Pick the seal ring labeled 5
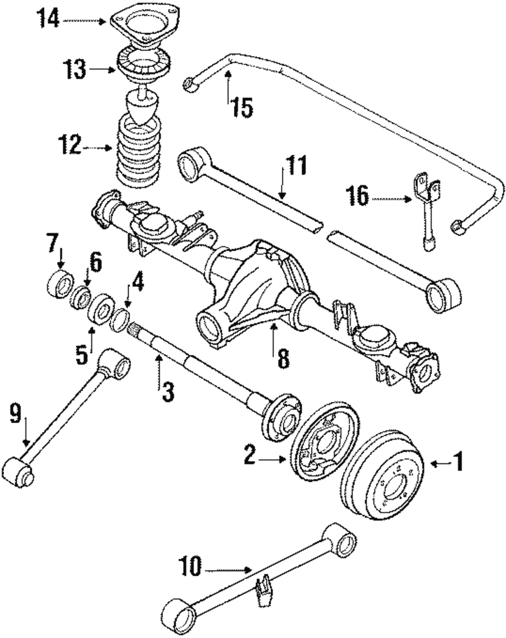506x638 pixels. click(101, 310)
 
